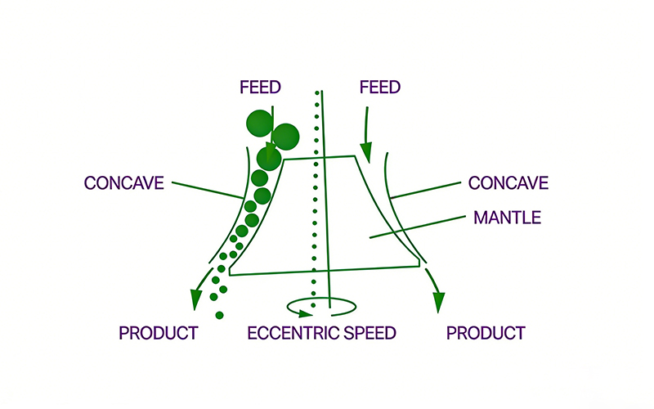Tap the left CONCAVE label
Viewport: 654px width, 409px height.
124,182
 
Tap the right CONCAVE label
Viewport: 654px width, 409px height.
507,182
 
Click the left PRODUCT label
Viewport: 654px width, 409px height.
159,333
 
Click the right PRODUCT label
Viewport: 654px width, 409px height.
486,333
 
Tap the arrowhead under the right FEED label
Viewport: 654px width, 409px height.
365,151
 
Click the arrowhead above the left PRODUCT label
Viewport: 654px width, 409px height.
195,299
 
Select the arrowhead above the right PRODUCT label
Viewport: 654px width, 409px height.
438,300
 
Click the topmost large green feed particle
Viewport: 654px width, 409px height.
259,123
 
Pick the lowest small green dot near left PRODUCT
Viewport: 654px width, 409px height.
219,315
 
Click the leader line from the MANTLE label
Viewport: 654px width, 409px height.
416,228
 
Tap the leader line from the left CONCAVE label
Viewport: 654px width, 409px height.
208,190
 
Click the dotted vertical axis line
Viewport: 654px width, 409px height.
314,204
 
